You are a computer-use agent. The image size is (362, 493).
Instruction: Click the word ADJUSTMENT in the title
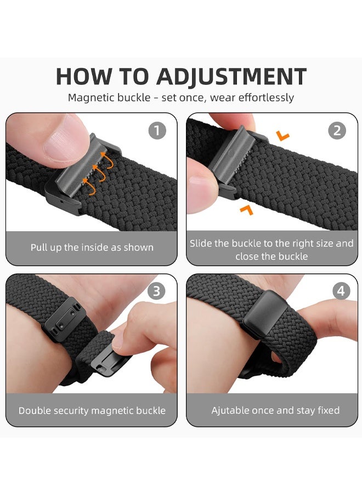231,77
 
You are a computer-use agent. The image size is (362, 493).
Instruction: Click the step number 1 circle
157,131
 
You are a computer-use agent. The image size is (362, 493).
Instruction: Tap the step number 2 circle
337,131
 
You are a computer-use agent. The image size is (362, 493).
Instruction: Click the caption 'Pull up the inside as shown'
92,248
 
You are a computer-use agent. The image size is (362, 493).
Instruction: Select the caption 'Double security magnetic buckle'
92,410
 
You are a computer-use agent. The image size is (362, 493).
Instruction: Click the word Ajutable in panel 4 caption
231,410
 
